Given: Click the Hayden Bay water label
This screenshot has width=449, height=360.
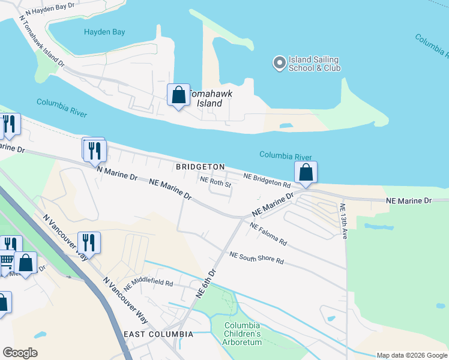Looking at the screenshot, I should click(x=104, y=32).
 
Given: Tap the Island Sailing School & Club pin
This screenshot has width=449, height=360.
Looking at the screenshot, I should click(x=279, y=62).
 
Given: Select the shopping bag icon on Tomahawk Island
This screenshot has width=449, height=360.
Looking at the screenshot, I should click(x=178, y=95).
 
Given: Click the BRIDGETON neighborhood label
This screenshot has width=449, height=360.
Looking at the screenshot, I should click(x=200, y=167).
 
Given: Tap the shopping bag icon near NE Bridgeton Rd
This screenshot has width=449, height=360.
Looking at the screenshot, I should click(x=306, y=172).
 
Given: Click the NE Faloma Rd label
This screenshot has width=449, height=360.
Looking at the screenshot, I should click(x=268, y=235).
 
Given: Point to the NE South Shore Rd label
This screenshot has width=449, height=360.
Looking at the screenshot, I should click(x=256, y=259).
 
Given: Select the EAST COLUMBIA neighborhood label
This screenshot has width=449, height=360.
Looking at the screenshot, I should click(x=158, y=334).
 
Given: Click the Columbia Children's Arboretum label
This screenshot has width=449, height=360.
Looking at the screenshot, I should click(x=243, y=334).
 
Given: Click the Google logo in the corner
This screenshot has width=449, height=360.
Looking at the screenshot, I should click(x=20, y=353).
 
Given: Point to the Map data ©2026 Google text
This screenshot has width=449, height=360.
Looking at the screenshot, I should click(x=411, y=355).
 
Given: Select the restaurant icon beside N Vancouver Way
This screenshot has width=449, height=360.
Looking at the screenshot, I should click(x=89, y=242).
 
